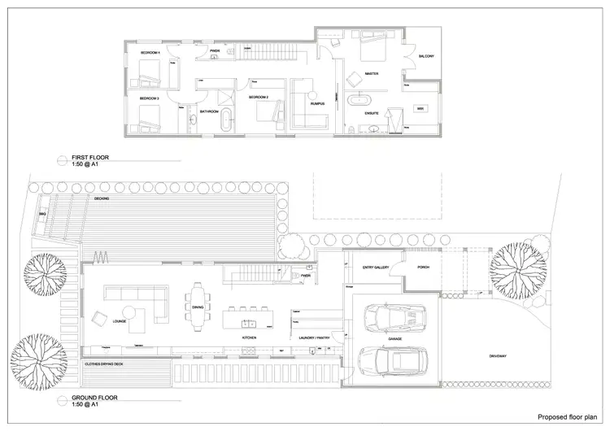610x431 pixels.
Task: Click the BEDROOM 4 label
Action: click(x=149, y=52)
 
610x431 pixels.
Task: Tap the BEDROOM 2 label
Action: click(x=259, y=96)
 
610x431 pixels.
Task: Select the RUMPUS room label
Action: click(x=317, y=104)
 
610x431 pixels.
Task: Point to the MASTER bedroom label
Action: click(x=373, y=74)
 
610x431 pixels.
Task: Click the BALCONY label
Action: click(x=427, y=56)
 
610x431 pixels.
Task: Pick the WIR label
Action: click(x=420, y=108)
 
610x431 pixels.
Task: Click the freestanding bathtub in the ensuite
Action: click(x=357, y=102)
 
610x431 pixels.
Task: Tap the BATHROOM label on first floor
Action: click(x=211, y=111)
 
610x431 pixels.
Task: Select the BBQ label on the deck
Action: click(x=41, y=215)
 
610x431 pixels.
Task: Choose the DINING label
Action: click(x=198, y=307)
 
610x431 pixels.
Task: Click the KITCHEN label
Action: click(x=250, y=337)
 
